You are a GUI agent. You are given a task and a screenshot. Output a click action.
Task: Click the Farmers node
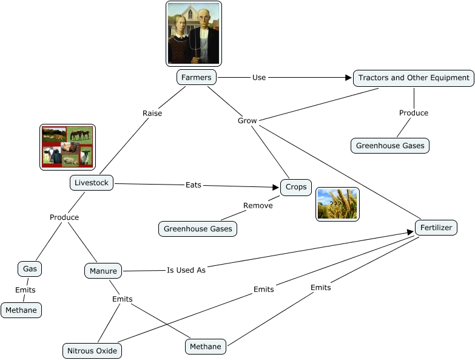pyautogui.click(x=197, y=78)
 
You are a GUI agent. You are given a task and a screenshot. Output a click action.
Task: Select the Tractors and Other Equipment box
pyautogui.click(x=414, y=78)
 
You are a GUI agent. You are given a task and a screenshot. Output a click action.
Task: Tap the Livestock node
pyautogui.click(x=91, y=183)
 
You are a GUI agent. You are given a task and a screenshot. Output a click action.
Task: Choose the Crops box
pyautogui.click(x=296, y=187)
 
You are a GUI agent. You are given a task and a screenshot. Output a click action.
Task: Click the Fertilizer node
pyautogui.click(x=436, y=228)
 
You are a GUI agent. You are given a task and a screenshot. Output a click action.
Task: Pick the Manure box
pyautogui.click(x=103, y=270)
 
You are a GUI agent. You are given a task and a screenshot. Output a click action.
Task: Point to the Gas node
pyautogui.click(x=30, y=268)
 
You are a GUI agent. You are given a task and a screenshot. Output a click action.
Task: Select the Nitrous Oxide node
pyautogui.click(x=92, y=351)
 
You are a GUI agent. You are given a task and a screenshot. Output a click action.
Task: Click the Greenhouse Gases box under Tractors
pyautogui.click(x=390, y=146)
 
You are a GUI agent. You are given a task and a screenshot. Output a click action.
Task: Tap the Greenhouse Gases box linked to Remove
pyautogui.click(x=198, y=229)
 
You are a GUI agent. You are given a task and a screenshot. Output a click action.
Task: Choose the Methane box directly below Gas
pyautogui.click(x=21, y=310)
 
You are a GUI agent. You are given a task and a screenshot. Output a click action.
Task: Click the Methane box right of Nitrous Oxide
pyautogui.click(x=206, y=347)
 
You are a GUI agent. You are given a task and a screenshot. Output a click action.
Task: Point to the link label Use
pyautogui.click(x=259, y=78)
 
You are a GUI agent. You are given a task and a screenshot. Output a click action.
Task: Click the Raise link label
pyautogui.click(x=152, y=113)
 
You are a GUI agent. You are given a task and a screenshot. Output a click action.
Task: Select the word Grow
pyautogui.click(x=247, y=121)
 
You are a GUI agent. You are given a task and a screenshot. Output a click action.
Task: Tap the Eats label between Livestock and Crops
pyautogui.click(x=194, y=185)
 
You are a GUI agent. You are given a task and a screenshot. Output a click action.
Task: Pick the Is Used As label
pyautogui.click(x=186, y=270)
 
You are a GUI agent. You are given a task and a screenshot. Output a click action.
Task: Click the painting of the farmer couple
pyautogui.click(x=194, y=33)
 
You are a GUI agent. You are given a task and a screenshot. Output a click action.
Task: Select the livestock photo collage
pyautogui.click(x=67, y=147)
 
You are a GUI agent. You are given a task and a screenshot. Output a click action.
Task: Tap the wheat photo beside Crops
pyautogui.click(x=337, y=204)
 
